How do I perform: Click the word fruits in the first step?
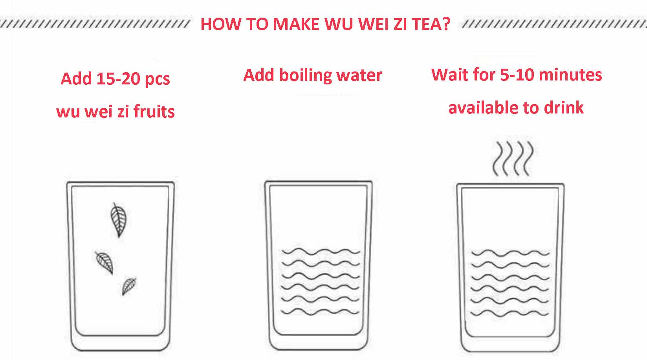[x=154, y=112]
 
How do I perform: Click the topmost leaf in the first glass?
[x=119, y=220]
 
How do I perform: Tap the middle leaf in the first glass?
[x=105, y=262]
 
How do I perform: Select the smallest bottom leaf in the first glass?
[x=129, y=286]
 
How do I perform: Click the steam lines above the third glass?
[x=513, y=159]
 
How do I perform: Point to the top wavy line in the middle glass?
[x=321, y=251]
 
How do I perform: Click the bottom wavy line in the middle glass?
[x=321, y=312]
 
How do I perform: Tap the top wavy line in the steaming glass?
[x=510, y=252]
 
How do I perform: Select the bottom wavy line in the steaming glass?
[x=510, y=313]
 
